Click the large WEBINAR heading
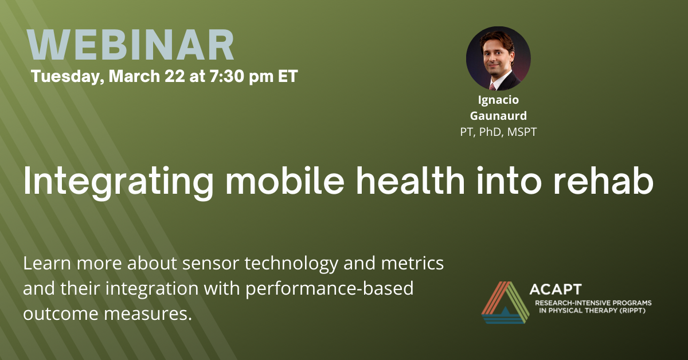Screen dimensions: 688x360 pos(130,45)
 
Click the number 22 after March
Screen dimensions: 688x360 pos(175,76)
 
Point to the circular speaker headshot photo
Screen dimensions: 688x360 pos(498,58)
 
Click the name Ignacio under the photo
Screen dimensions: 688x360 pos(498,100)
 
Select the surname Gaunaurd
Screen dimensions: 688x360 pos(498,116)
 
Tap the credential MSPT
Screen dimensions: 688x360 pos(522,132)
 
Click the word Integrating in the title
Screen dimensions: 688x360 pos(119,181)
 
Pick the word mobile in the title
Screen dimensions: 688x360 pos(285,181)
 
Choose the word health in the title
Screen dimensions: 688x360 pos(411,181)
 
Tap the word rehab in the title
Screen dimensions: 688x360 pos(603,181)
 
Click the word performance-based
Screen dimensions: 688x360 pos(330,289)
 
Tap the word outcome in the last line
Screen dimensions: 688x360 pos(61,314)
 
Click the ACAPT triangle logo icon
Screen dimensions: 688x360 pos(505,303)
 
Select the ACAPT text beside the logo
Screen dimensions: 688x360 pos(556,289)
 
